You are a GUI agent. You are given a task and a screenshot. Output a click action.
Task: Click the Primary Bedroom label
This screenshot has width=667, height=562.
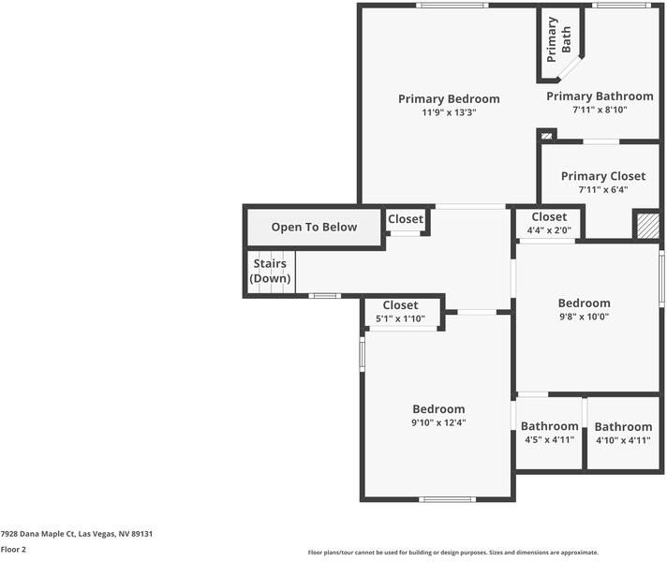tap(449, 99)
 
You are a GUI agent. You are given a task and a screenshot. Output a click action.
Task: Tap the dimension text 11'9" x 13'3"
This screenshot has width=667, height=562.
tap(449, 113)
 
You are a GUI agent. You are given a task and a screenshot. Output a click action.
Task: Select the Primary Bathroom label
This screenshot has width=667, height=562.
tap(600, 96)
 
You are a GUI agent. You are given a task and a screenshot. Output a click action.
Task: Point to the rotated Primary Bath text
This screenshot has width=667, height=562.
tap(559, 38)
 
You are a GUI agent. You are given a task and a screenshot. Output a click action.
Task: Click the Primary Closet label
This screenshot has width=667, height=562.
tap(602, 176)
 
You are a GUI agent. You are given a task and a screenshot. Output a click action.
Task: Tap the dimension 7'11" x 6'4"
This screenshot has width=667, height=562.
tap(602, 189)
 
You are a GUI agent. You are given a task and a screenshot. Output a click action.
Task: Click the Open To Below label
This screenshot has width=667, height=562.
tap(314, 227)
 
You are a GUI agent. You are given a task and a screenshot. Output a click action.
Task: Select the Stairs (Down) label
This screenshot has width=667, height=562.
tap(270, 272)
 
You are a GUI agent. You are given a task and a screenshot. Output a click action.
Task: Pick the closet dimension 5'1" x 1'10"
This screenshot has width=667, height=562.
tap(400, 318)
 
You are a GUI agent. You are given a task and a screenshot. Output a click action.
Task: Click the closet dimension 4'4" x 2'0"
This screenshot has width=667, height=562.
tap(549, 230)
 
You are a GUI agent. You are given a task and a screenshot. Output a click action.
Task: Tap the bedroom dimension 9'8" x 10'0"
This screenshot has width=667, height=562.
tap(584, 317)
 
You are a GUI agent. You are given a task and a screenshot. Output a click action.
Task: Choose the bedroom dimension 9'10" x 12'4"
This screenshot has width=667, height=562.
tap(438, 422)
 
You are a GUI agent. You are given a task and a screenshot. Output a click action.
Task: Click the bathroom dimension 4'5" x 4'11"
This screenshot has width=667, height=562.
tap(550, 439)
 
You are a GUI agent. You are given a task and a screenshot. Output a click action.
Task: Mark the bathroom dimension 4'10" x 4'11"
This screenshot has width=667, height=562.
tap(623, 439)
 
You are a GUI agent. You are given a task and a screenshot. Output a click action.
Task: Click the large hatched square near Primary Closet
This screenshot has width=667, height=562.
tap(647, 226)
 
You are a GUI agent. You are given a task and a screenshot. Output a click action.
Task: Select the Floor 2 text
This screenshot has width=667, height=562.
tap(13, 550)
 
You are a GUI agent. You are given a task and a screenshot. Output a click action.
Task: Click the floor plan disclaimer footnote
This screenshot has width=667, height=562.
tap(452, 553)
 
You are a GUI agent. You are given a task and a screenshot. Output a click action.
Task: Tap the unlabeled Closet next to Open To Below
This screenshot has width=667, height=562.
tap(406, 219)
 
